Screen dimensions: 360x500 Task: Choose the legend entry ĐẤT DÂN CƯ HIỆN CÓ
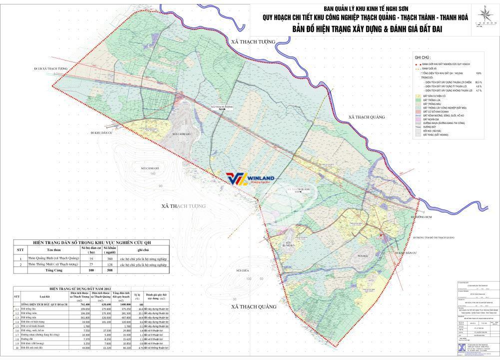435,95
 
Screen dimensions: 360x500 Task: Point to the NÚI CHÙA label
243,270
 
